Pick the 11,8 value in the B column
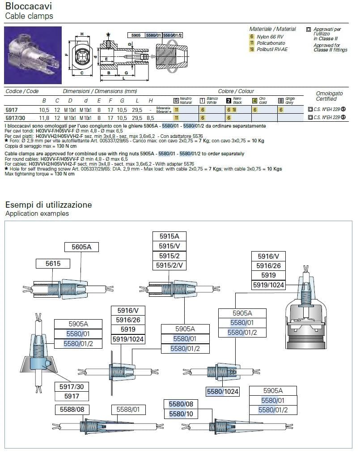(44, 117)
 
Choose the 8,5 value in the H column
(151, 117)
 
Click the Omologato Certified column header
(329, 96)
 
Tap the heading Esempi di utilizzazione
(48, 205)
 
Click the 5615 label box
(53, 264)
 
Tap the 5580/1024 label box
(222, 392)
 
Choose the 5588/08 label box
(72, 410)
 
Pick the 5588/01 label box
(128, 410)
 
